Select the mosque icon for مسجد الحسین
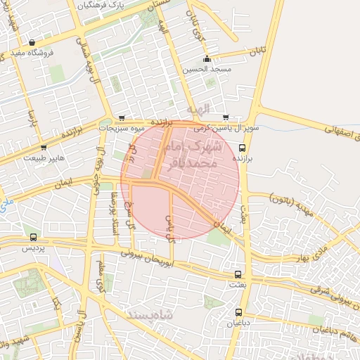click(207, 59)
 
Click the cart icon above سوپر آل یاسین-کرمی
click(226, 117)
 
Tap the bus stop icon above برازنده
click(243, 148)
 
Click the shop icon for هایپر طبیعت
click(44, 148)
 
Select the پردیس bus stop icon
click(33, 238)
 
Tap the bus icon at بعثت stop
click(238, 274)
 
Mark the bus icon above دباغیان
click(238, 312)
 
